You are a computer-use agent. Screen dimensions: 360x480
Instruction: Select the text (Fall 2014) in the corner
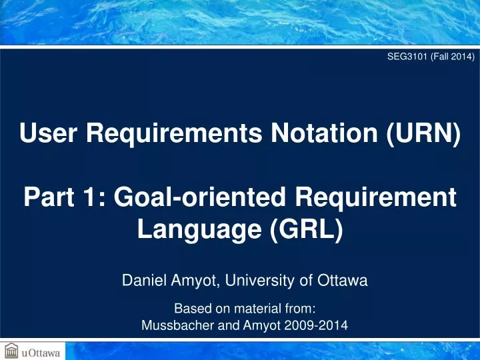450,57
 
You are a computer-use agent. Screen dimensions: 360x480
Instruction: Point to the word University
268,281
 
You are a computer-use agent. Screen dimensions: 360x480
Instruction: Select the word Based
191,309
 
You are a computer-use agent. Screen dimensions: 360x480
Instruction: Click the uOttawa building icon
11,350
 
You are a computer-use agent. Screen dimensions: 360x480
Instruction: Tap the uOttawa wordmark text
41,351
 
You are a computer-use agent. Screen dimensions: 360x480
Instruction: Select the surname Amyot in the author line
193,281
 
